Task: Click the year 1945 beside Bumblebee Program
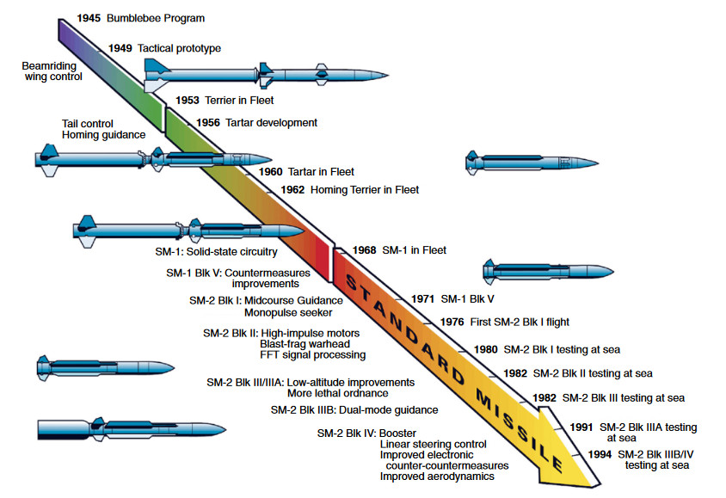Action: [89, 17]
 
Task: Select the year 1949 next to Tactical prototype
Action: [121, 48]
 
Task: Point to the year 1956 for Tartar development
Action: [208, 122]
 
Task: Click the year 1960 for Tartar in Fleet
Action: [271, 172]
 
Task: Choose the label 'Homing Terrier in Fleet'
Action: [365, 189]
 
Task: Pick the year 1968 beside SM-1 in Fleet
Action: [366, 250]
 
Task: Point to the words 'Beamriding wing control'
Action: [53, 71]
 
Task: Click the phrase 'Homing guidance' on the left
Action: [103, 134]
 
